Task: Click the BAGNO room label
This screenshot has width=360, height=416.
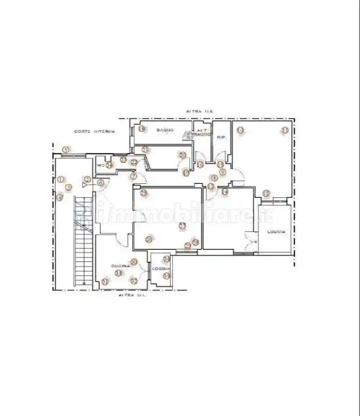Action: point(165,130)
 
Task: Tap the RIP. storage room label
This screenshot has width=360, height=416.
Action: point(221,137)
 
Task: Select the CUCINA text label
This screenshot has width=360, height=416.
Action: point(120,266)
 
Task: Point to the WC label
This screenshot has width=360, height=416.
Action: point(100,165)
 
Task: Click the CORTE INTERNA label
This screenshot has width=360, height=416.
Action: point(95,132)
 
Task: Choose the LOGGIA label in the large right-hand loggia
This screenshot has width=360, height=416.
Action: point(276,232)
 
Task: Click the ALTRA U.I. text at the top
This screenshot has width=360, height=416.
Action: point(199,111)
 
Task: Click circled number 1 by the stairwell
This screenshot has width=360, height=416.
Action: point(60,179)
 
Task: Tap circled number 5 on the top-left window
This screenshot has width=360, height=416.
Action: point(66,149)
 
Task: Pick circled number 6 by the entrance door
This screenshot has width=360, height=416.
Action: point(100,183)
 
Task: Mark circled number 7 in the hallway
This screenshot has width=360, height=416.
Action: point(134,176)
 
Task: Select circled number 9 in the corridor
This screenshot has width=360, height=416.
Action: point(222,172)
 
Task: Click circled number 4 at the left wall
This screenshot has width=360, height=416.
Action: point(59,197)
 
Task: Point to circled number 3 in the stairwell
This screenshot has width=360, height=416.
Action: point(68,187)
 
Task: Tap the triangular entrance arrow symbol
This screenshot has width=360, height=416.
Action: point(84,185)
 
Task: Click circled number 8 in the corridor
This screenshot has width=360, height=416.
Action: point(214,178)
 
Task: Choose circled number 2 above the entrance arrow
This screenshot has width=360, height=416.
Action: point(87,179)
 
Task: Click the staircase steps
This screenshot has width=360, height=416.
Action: point(82,241)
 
